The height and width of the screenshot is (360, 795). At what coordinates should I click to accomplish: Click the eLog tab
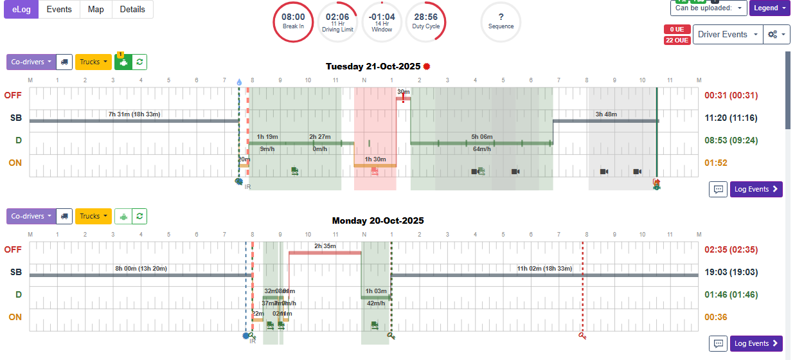[x=21, y=9]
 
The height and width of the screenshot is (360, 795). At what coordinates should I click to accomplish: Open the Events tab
[x=59, y=9]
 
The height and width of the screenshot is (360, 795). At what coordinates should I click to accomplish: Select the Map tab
[x=96, y=9]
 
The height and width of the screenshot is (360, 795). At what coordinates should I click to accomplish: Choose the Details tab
[x=132, y=9]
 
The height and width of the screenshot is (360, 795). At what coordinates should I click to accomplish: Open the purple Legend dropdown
[x=769, y=8]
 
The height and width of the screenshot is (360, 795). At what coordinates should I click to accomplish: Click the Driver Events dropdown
[x=728, y=35]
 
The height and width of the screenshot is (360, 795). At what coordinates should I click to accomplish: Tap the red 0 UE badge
[x=677, y=30]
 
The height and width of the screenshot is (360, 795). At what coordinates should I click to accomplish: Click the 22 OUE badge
[x=677, y=40]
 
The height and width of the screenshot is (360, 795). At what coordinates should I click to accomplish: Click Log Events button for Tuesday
[x=756, y=189]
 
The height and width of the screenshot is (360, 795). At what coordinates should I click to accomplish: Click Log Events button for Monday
[x=756, y=343]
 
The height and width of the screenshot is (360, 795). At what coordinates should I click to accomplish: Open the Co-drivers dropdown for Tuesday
[x=31, y=62]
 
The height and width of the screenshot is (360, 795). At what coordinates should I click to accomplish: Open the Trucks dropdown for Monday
[x=93, y=216]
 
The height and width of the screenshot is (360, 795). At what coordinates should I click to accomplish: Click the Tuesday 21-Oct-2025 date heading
[x=373, y=66]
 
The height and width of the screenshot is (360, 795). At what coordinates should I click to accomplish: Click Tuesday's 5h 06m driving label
[x=481, y=136]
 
